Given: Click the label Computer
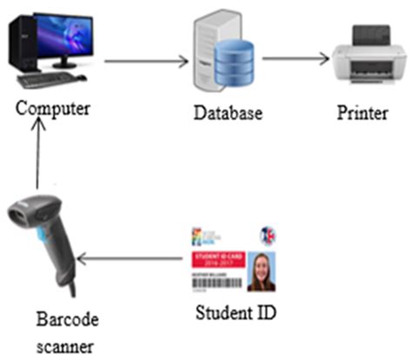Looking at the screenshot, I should pyautogui.click(x=50, y=111).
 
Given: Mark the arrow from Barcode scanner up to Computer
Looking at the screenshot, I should pyautogui.click(x=37, y=157).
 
